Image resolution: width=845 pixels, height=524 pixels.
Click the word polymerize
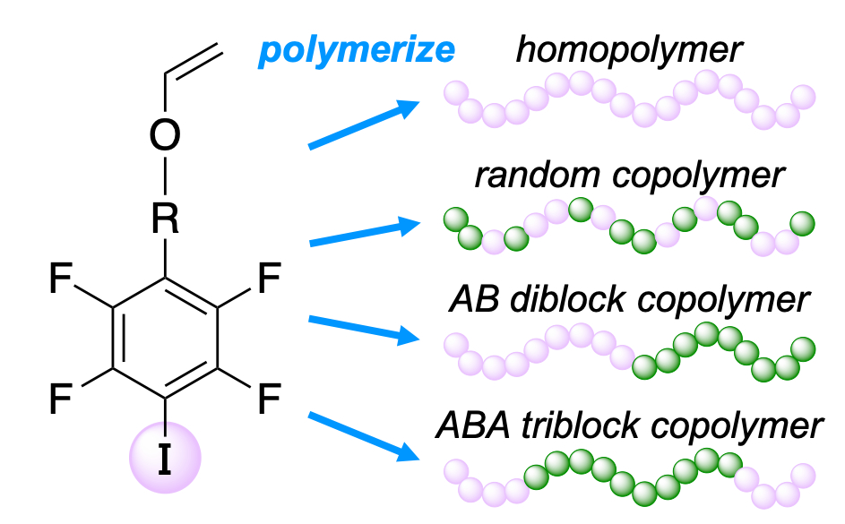click(356, 50)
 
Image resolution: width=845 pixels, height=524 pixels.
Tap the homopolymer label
click(628, 50)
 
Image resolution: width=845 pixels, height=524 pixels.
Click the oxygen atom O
click(164, 135)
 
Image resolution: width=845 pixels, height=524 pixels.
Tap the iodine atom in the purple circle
click(164, 458)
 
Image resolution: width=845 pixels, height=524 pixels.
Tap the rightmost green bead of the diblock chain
click(802, 348)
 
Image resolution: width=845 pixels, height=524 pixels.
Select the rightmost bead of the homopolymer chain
click(803, 96)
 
